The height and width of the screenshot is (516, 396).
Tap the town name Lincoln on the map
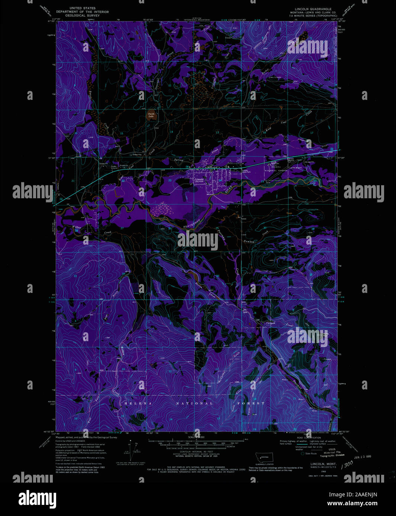pyautogui.click(x=200, y=179)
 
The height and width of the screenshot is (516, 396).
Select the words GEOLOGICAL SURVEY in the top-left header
pyautogui.click(x=82, y=16)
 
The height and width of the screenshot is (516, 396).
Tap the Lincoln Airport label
pyautogui.click(x=295, y=168)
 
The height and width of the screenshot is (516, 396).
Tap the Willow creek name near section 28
pyautogui.click(x=77, y=227)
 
